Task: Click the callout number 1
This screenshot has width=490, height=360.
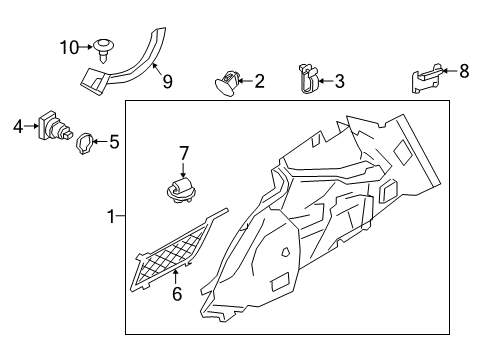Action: pyautogui.click(x=111, y=215)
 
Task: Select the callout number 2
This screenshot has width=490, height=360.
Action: pyautogui.click(x=260, y=81)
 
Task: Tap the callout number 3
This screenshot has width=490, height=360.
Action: pyautogui.click(x=340, y=80)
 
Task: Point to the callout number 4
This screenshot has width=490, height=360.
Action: pyautogui.click(x=17, y=126)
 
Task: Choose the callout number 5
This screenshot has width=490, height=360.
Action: pyautogui.click(x=114, y=142)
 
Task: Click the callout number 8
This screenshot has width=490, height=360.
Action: pyautogui.click(x=463, y=71)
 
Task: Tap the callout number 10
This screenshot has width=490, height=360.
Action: pyautogui.click(x=68, y=46)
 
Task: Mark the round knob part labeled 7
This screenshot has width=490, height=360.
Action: pyautogui.click(x=181, y=190)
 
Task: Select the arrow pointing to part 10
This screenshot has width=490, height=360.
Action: pyautogui.click(x=85, y=46)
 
